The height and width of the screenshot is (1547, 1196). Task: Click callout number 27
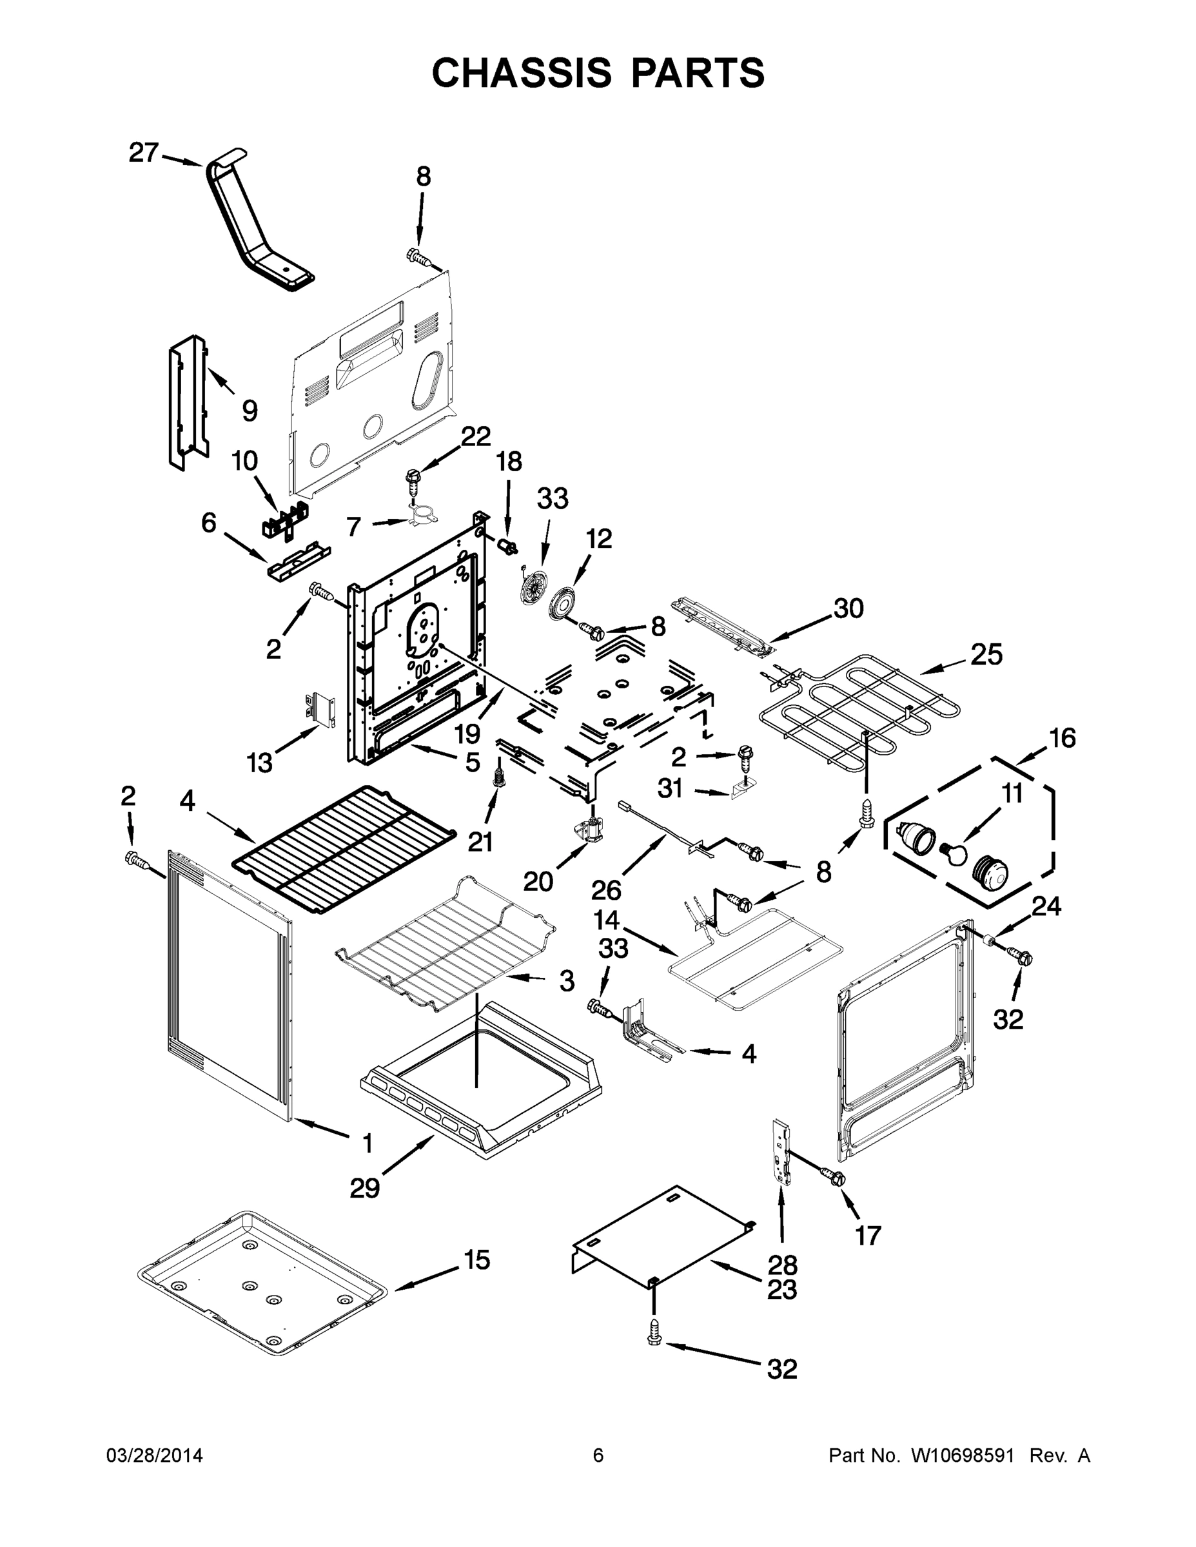pyautogui.click(x=143, y=153)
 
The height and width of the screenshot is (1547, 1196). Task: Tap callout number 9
pyautogui.click(x=250, y=411)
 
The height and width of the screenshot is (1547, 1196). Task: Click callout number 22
pyautogui.click(x=475, y=437)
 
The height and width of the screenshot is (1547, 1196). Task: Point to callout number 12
pyautogui.click(x=599, y=539)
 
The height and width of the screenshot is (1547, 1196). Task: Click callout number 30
pyautogui.click(x=848, y=608)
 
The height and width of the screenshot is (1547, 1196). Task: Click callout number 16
pyautogui.click(x=1062, y=738)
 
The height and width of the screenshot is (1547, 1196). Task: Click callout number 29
pyautogui.click(x=365, y=1188)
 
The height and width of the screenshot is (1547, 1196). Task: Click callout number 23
pyautogui.click(x=781, y=1290)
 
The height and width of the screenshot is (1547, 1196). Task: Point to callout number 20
pyautogui.click(x=538, y=881)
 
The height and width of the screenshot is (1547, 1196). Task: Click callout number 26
pyautogui.click(x=606, y=890)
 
